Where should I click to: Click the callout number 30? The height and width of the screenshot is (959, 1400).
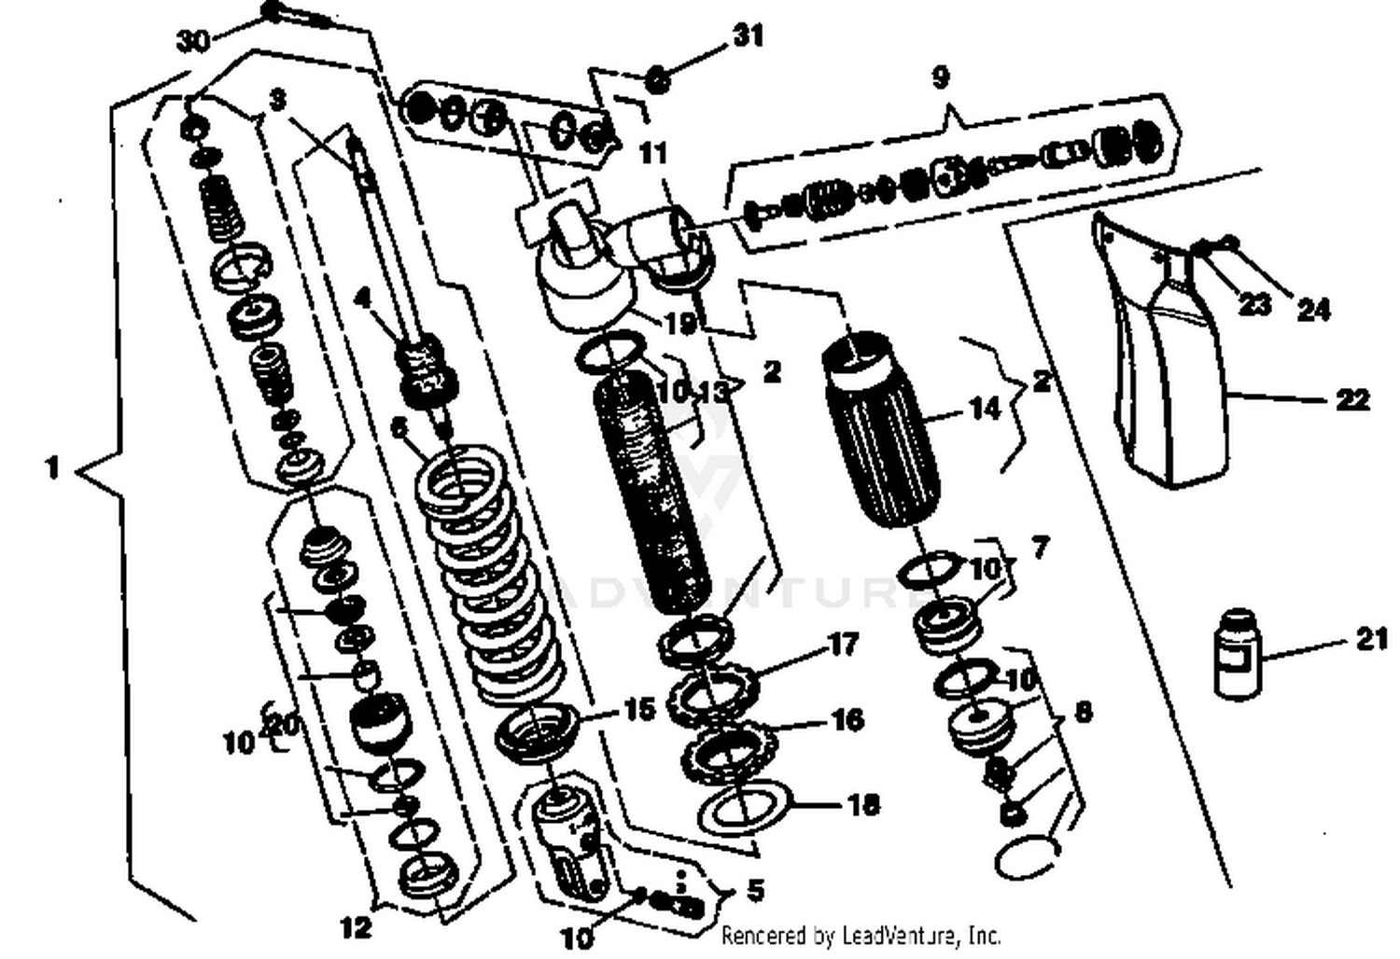click(x=192, y=41)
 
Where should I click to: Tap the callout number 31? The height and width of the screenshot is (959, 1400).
click(x=748, y=35)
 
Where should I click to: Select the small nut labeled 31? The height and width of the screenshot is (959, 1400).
click(x=658, y=79)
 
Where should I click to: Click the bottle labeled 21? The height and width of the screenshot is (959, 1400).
click(x=1237, y=652)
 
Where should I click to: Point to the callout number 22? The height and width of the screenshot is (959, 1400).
click(x=1351, y=399)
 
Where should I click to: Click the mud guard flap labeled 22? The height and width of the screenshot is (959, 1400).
click(x=1171, y=373)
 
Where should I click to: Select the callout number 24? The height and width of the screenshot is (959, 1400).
click(x=1313, y=309)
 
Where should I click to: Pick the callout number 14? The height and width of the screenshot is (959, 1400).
click(x=985, y=408)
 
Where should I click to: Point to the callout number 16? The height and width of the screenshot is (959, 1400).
click(x=847, y=719)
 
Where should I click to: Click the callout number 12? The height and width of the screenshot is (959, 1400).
click(x=355, y=926)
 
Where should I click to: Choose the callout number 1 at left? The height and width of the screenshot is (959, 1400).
click(x=52, y=466)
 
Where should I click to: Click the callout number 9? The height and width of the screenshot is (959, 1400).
click(x=940, y=76)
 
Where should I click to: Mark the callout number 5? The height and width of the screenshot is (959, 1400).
click(x=754, y=890)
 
